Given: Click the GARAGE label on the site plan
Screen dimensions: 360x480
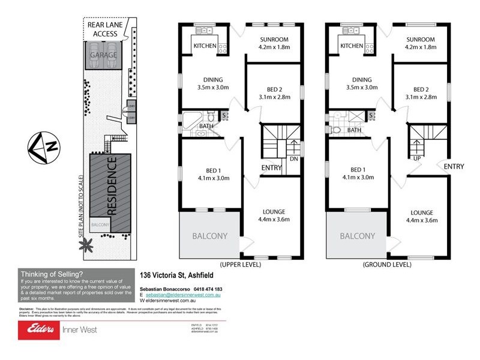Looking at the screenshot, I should click(103, 55).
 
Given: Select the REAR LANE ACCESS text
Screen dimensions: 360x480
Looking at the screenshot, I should click(103, 29).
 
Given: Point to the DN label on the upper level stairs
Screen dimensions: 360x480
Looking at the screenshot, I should click(293, 160).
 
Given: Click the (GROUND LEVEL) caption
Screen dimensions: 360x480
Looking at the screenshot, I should click(386, 264).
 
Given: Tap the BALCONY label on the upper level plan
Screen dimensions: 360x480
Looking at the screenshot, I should click(209, 236).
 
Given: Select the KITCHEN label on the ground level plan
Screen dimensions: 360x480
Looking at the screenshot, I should click(352, 46).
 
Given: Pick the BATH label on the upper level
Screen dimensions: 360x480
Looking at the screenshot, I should click(206, 126).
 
